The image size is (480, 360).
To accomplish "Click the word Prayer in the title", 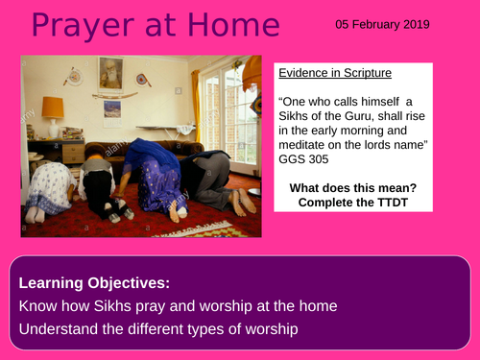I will [67, 26].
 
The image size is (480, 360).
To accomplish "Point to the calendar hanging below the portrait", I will [111, 107].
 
